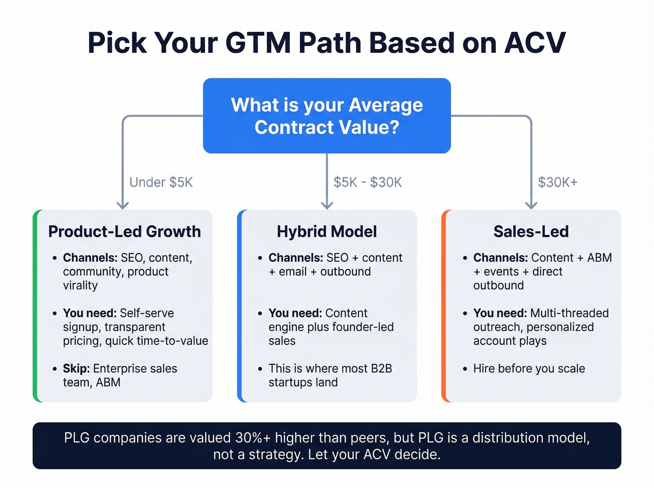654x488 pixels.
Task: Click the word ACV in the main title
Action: click(x=535, y=43)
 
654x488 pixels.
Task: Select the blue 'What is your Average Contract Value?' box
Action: click(x=327, y=116)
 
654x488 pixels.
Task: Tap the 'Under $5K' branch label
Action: click(x=161, y=182)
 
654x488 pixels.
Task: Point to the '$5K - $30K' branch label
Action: click(x=368, y=182)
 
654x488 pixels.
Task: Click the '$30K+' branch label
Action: click(x=557, y=182)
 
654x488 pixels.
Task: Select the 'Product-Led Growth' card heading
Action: click(x=124, y=232)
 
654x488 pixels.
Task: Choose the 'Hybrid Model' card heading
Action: click(x=327, y=232)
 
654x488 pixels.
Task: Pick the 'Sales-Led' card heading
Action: click(x=531, y=232)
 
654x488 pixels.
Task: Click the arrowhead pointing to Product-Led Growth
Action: click(x=123, y=205)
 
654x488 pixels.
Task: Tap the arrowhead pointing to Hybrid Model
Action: click(x=327, y=205)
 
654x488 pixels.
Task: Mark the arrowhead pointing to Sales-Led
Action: click(x=531, y=205)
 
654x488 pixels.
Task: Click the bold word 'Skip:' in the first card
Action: click(x=76, y=368)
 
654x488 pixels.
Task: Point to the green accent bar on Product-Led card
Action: click(x=36, y=306)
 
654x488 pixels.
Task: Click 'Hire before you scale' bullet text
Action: click(x=529, y=368)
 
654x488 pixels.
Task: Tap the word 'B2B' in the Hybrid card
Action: click(x=381, y=368)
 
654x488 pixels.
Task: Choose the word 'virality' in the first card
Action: click(x=80, y=285)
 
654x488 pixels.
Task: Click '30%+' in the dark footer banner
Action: click(x=253, y=438)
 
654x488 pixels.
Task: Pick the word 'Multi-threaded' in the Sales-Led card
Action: click(x=569, y=313)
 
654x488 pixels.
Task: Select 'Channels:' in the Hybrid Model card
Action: click(x=295, y=258)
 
